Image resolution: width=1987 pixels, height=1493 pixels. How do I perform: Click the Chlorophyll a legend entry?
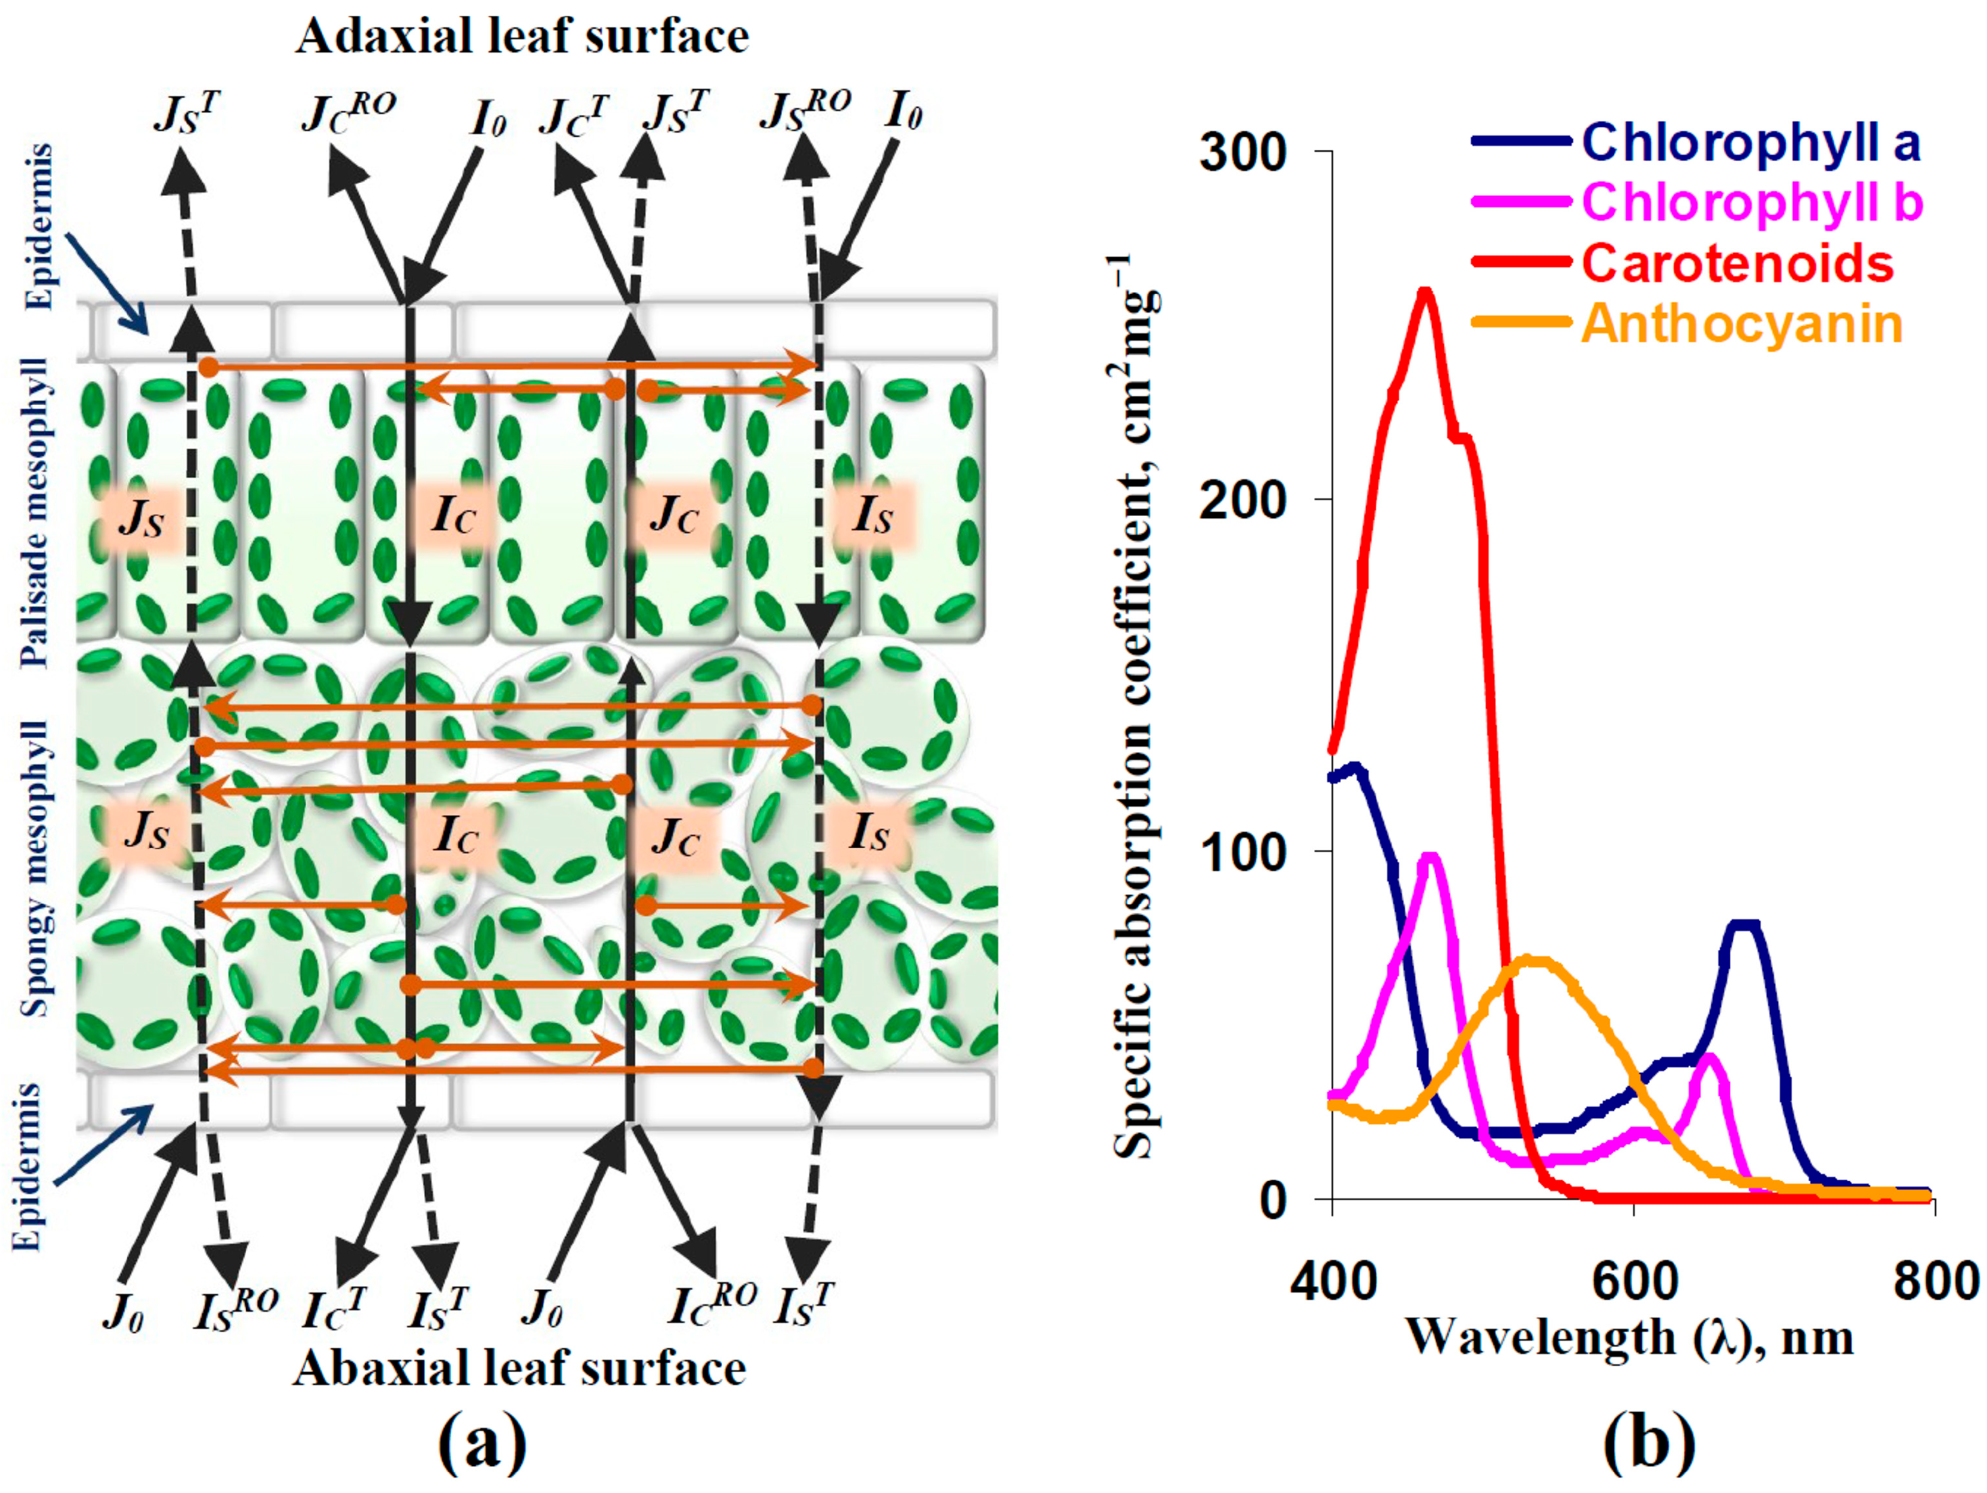click(x=1750, y=143)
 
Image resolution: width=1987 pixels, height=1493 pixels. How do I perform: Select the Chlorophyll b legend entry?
click(x=1752, y=202)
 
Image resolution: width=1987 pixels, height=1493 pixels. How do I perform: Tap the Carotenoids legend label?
click(x=1737, y=263)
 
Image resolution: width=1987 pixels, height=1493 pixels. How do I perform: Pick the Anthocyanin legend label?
click(x=1742, y=323)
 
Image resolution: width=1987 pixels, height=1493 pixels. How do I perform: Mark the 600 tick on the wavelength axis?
click(x=1634, y=1280)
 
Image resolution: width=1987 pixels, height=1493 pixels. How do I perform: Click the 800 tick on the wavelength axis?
click(x=1935, y=1280)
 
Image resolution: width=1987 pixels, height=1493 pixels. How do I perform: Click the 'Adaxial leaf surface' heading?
click(x=522, y=37)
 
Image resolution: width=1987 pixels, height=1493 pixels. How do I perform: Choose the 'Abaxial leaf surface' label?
click(x=519, y=1369)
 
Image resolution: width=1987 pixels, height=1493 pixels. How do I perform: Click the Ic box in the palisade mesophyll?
click(x=454, y=515)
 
